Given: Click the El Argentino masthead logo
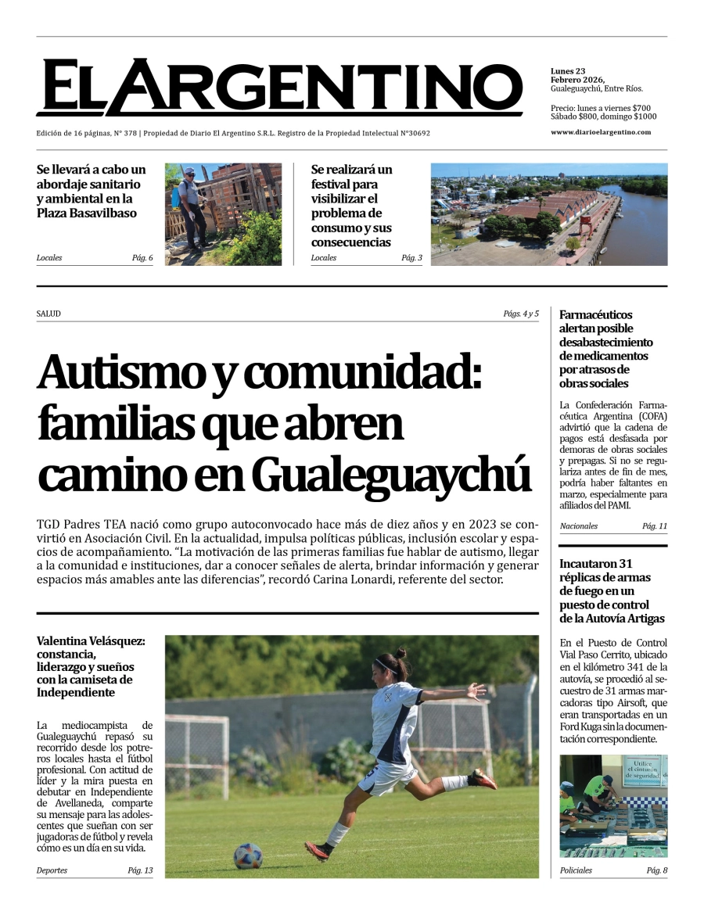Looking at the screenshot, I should (x=279, y=87).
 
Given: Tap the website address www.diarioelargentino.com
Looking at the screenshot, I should (x=600, y=132).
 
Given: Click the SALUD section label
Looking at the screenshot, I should (x=48, y=314).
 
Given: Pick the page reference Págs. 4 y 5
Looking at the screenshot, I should (x=521, y=314).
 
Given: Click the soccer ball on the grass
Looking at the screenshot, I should (x=248, y=856).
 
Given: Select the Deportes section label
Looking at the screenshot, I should (x=52, y=870).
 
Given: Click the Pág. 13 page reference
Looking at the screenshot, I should (x=141, y=870).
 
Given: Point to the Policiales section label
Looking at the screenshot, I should (x=576, y=870).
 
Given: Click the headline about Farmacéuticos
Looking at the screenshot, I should (x=606, y=349).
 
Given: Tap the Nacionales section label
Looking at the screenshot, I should (x=578, y=526).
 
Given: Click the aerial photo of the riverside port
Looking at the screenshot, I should (x=549, y=214).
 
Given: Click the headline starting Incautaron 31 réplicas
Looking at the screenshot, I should (x=612, y=590).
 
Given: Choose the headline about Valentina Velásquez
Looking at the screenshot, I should (x=90, y=666).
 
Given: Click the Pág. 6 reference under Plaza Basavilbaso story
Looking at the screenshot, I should (x=142, y=258).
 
